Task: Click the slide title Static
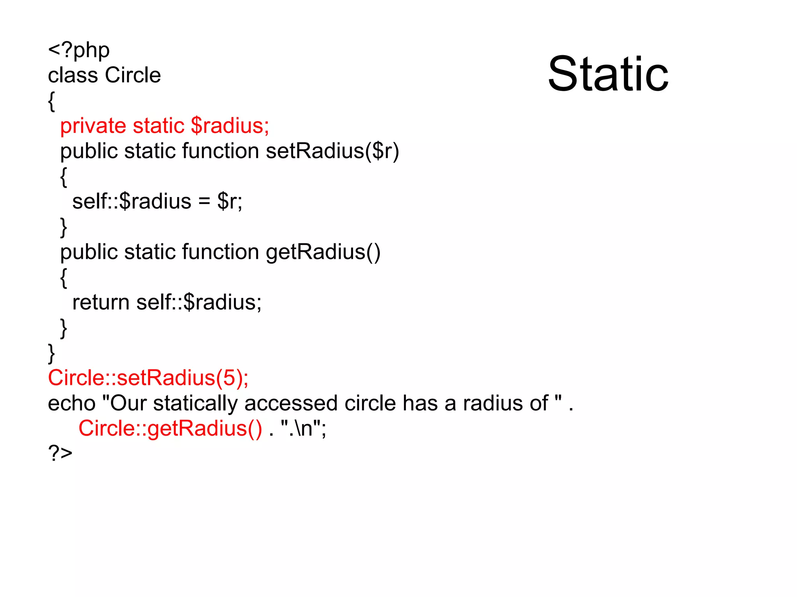(x=608, y=74)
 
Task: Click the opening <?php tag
(x=79, y=50)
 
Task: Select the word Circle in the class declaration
(x=133, y=75)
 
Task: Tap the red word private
(x=93, y=126)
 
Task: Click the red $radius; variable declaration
(x=230, y=126)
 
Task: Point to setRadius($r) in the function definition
(x=332, y=151)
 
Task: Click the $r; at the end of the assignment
(x=230, y=201)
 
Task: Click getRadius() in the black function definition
(x=323, y=252)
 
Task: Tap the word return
(x=101, y=302)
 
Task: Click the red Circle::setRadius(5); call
(x=148, y=378)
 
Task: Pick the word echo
(x=72, y=403)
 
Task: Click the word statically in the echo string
(x=195, y=403)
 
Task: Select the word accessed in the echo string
(x=291, y=403)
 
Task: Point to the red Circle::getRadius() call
(x=170, y=428)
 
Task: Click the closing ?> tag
(x=60, y=453)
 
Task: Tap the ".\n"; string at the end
(x=303, y=428)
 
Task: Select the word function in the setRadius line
(x=220, y=151)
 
